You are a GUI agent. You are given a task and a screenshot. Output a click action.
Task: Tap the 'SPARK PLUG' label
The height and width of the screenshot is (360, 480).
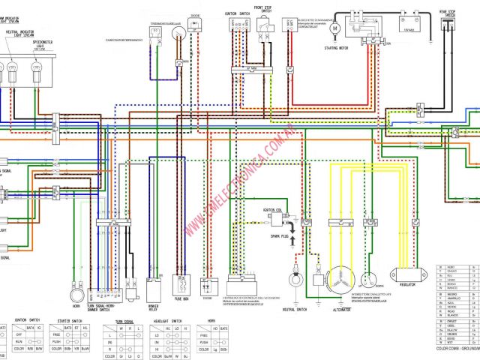(x=280, y=236)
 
